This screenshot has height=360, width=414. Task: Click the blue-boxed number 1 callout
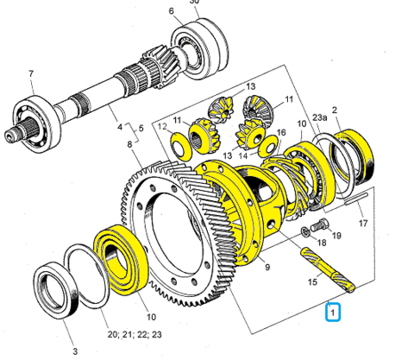(333, 312)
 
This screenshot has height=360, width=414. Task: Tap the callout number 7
(31, 73)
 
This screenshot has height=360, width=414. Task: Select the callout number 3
(75, 351)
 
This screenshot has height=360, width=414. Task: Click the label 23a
(320, 118)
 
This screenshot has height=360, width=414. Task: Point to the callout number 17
(363, 223)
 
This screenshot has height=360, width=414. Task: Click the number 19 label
(336, 236)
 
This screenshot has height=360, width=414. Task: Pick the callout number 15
(312, 281)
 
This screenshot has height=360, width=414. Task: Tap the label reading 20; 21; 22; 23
(135, 334)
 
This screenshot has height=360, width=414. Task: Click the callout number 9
(267, 267)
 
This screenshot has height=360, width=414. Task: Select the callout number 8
(129, 144)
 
